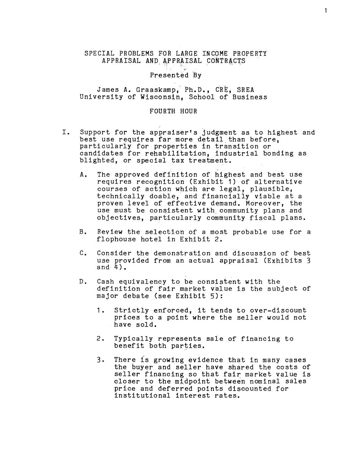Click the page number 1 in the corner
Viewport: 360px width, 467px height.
coord(325,10)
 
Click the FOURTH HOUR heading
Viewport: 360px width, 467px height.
coord(173,111)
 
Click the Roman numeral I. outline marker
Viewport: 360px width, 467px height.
coord(66,132)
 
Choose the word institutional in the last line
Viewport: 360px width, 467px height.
coord(142,396)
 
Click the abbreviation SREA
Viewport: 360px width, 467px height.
coord(245,90)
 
